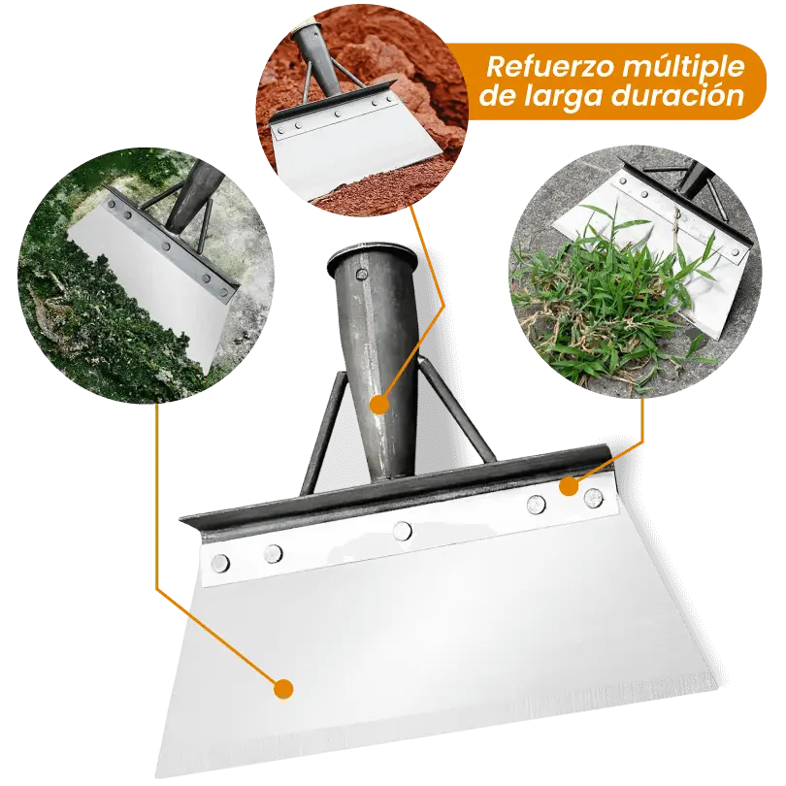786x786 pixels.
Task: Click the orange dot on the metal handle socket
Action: click(x=380, y=403)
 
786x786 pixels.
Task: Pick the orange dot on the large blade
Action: click(x=282, y=689)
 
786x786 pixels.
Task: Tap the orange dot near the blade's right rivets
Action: click(x=569, y=484)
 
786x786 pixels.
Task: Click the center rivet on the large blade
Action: click(x=402, y=530)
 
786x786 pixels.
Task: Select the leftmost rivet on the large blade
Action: click(x=221, y=563)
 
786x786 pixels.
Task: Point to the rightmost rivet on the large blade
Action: click(x=593, y=499)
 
